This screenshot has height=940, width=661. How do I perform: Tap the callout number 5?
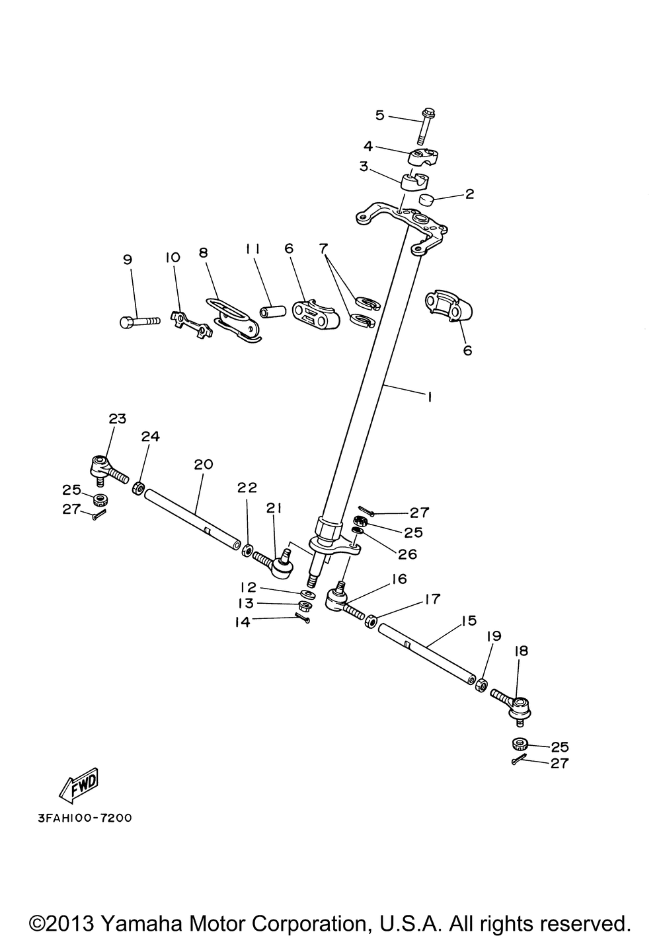pos(379,116)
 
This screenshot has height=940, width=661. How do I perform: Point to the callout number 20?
pos(203,464)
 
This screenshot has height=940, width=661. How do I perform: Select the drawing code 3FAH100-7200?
pos(80,818)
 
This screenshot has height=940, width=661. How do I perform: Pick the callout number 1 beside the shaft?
pos(429,397)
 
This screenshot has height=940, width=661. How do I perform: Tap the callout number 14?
pos(243,621)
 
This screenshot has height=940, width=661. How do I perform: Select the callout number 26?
pos(407,554)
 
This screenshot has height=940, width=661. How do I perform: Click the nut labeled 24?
pos(139,489)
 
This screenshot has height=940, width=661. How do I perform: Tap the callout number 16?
pos(399,579)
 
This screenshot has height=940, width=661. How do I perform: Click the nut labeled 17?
pos(371,621)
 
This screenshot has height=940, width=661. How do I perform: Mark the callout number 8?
pos(203,252)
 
